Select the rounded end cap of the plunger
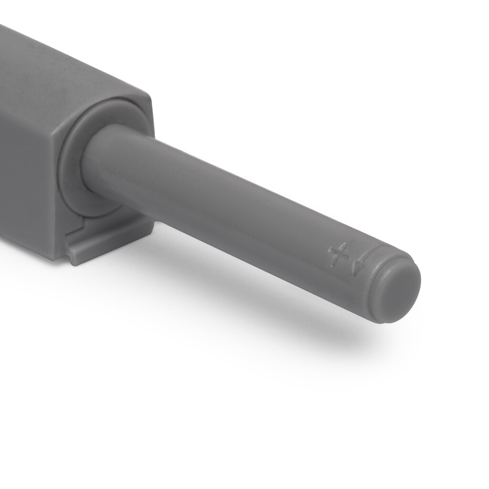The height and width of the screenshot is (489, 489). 396,289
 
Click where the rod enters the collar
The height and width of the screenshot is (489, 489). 91,158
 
